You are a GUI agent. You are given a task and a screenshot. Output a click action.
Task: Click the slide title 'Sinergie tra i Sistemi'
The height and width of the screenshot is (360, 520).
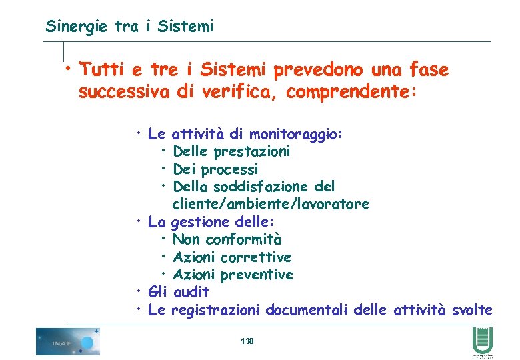(x=129, y=27)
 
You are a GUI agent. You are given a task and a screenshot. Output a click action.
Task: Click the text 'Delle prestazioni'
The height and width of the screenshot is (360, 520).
(x=231, y=151)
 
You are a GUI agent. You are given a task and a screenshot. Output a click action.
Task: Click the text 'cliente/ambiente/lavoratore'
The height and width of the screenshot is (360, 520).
(x=270, y=203)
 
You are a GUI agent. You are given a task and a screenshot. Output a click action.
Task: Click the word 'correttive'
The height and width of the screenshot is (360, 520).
(x=255, y=257)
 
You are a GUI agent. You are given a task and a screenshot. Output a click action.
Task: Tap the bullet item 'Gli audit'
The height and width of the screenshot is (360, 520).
(x=178, y=292)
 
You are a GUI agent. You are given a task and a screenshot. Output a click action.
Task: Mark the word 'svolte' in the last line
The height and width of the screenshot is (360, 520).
(x=472, y=310)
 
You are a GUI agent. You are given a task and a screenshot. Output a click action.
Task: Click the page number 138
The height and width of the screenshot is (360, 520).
(x=247, y=341)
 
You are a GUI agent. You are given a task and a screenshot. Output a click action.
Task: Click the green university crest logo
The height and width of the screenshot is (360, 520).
(x=481, y=341)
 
